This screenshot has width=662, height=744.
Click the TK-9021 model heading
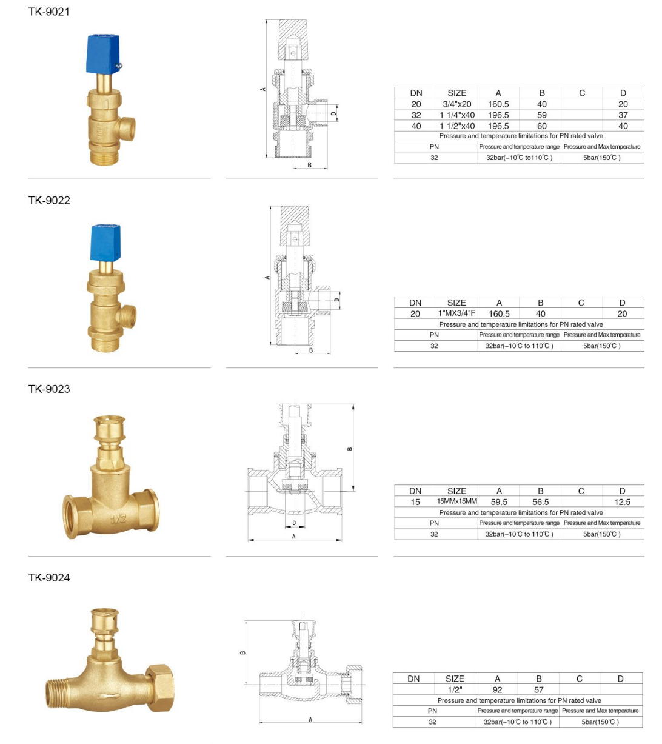tap(49, 12)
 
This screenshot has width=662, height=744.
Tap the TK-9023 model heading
tap(49, 389)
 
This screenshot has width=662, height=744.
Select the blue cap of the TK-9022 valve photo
tap(105, 243)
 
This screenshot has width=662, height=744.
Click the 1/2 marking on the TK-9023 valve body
tap(118, 519)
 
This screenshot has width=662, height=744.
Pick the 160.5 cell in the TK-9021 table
tap(498, 104)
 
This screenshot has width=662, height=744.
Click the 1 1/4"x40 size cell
tap(457, 115)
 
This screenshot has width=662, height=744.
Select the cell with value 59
tap(541, 115)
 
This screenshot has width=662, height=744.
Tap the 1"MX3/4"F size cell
tap(456, 313)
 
